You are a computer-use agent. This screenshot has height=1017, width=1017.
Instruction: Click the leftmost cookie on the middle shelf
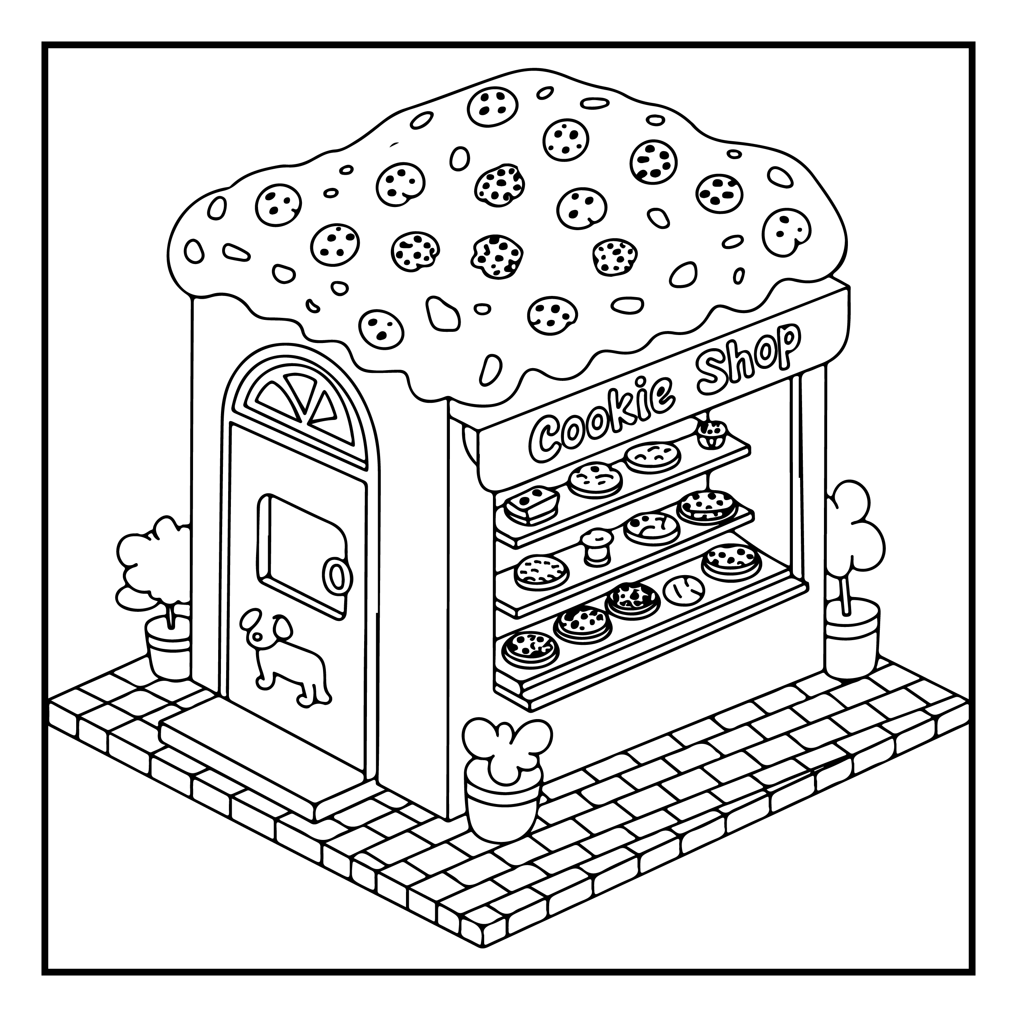[x=541, y=571]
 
